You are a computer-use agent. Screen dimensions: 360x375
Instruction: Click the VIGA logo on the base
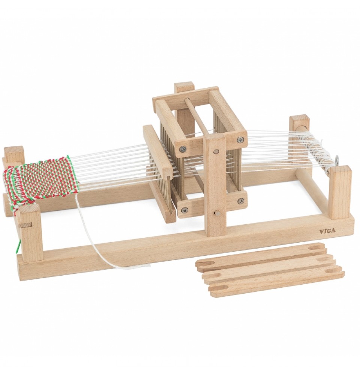pos(327,231)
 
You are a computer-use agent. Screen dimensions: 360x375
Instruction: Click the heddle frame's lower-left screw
pos(184,210)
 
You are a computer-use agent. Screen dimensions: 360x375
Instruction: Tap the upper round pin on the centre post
pos(217,151)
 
